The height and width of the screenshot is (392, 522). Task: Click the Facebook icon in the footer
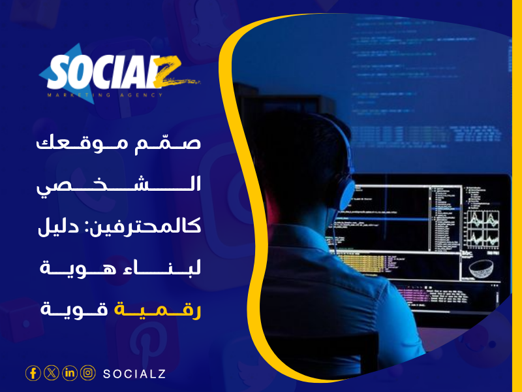click(x=33, y=373)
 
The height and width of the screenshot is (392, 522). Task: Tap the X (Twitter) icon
click(x=52, y=373)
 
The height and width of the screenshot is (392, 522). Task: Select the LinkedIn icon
click(x=70, y=373)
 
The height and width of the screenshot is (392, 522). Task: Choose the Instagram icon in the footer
click(x=88, y=373)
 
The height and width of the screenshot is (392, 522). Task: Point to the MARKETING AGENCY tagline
click(x=105, y=95)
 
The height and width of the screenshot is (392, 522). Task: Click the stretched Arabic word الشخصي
click(x=120, y=185)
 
